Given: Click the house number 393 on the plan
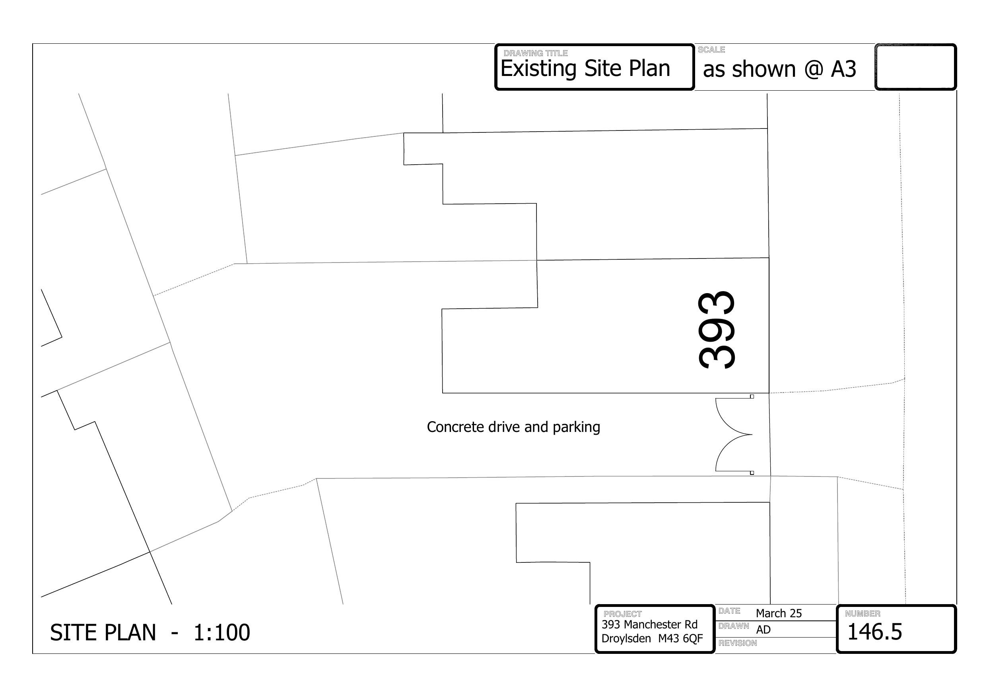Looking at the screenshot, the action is pyautogui.click(x=717, y=330).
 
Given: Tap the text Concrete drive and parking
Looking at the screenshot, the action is pyautogui.click(x=513, y=427).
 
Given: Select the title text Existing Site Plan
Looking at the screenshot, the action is pyautogui.click(x=585, y=68).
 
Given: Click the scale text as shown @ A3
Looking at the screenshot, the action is pyautogui.click(x=779, y=69).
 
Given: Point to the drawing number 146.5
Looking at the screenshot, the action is pyautogui.click(x=874, y=632).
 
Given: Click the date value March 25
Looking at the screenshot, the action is pyautogui.click(x=779, y=613).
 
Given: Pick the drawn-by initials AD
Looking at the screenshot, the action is pyautogui.click(x=764, y=630).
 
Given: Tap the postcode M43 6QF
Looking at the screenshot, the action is pyautogui.click(x=680, y=638).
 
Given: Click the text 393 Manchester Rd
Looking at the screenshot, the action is pyautogui.click(x=649, y=624).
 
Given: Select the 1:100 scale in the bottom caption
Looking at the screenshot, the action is pyautogui.click(x=222, y=633).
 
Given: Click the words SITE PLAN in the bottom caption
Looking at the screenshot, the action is pyautogui.click(x=103, y=633).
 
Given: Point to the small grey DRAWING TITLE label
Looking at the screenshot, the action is pyautogui.click(x=536, y=53).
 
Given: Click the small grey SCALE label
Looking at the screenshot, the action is pyautogui.click(x=711, y=50).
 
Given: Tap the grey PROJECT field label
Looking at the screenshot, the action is pyautogui.click(x=622, y=614).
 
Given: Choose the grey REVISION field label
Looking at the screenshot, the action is pyautogui.click(x=738, y=643).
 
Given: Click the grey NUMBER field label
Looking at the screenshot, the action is pyautogui.click(x=863, y=614).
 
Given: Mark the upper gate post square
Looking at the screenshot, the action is pyautogui.click(x=752, y=397).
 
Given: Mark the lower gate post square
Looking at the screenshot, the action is pyautogui.click(x=752, y=472).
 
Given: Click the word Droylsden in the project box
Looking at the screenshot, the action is pyautogui.click(x=626, y=639).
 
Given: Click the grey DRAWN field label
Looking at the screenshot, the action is pyautogui.click(x=734, y=626).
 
